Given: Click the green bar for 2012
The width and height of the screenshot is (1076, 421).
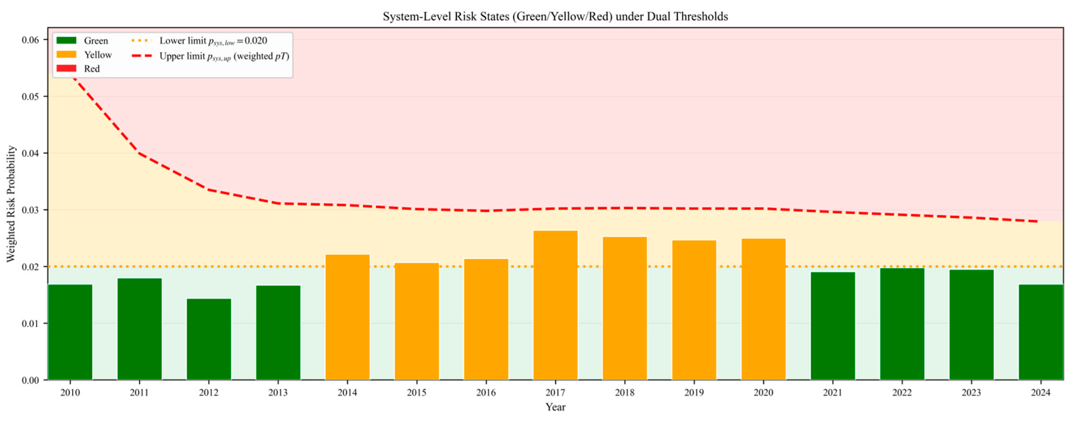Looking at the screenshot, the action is [209, 339].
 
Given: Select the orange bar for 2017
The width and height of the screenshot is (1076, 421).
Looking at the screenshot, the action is [556, 305].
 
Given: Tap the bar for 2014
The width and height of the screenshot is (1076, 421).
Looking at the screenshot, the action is [348, 317].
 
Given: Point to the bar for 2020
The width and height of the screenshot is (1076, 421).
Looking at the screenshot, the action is [763, 309].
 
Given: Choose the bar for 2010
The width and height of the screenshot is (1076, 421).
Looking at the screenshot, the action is [70, 332].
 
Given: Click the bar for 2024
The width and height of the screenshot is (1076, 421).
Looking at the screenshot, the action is [1041, 332].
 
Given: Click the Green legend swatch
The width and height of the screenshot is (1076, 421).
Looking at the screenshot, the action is [66, 40].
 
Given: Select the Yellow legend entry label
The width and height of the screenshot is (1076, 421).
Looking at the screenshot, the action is [98, 55].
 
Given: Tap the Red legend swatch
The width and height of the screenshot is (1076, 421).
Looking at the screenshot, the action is [66, 68].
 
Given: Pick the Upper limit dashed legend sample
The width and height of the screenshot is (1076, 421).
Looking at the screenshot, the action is [142, 55].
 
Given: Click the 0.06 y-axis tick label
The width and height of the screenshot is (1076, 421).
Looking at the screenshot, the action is [30, 40].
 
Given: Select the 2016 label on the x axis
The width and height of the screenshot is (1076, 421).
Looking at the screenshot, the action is [486, 393].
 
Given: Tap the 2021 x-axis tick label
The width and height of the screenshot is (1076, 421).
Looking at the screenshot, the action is [833, 393].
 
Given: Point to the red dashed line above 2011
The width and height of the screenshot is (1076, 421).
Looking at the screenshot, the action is [139, 153].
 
